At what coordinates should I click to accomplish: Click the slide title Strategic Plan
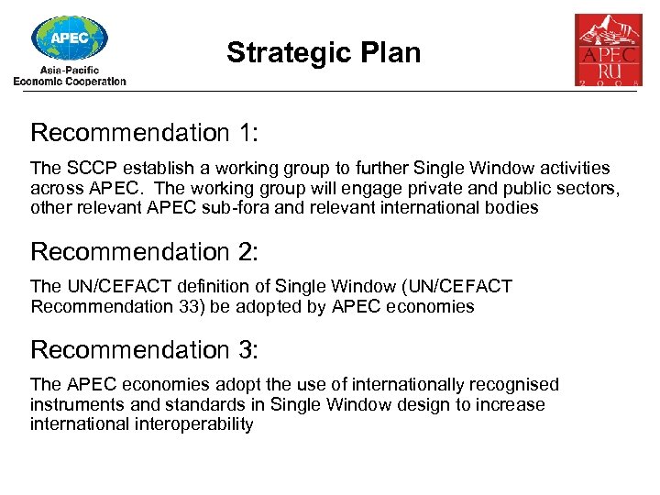pos(324,52)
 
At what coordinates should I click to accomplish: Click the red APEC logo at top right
pos(608,49)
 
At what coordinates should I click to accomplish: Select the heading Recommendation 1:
pos(145,133)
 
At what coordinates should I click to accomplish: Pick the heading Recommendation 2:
pos(145,251)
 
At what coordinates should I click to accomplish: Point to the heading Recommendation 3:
pos(145,349)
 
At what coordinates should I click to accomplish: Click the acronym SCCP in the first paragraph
pos(88,169)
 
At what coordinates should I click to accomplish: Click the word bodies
pos(514,207)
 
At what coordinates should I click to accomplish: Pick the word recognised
pos(515,385)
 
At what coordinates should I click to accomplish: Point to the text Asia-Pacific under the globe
pos(70,70)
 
